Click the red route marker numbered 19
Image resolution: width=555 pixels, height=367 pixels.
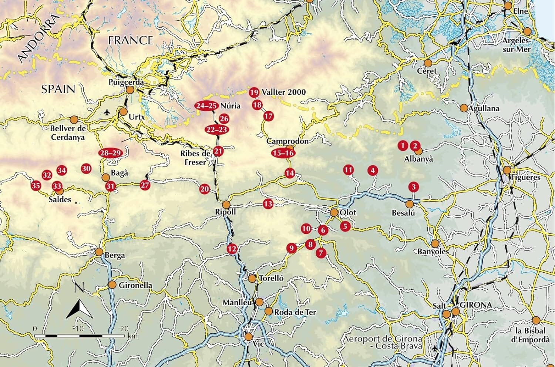click(254, 92)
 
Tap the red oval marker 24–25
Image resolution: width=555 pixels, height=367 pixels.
click(206, 106)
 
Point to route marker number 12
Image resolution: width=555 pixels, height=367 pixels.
click(232, 249)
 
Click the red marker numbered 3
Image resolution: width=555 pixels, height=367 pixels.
click(414, 187)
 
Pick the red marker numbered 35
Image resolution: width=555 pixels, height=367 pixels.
click(36, 185)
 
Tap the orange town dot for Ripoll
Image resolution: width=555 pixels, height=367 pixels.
click(226, 205)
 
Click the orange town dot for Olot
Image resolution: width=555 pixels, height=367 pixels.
click(334, 212)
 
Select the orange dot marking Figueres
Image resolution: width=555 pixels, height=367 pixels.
click(507, 170)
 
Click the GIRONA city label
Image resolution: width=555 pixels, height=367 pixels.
click(476, 305)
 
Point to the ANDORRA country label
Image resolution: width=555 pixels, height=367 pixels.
click(38, 39)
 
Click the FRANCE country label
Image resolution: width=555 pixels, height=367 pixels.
click(131, 40)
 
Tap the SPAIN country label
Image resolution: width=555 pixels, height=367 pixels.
click(58, 89)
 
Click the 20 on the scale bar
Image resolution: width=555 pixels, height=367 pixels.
click(124, 329)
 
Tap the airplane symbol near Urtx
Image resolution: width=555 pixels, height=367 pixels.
click(107, 112)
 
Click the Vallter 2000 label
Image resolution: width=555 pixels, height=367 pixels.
click(283, 92)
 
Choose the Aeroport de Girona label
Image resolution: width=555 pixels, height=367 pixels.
click(382, 342)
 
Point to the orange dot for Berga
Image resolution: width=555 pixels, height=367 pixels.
click(99, 252)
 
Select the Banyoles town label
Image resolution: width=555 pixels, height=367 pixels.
click(433, 252)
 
